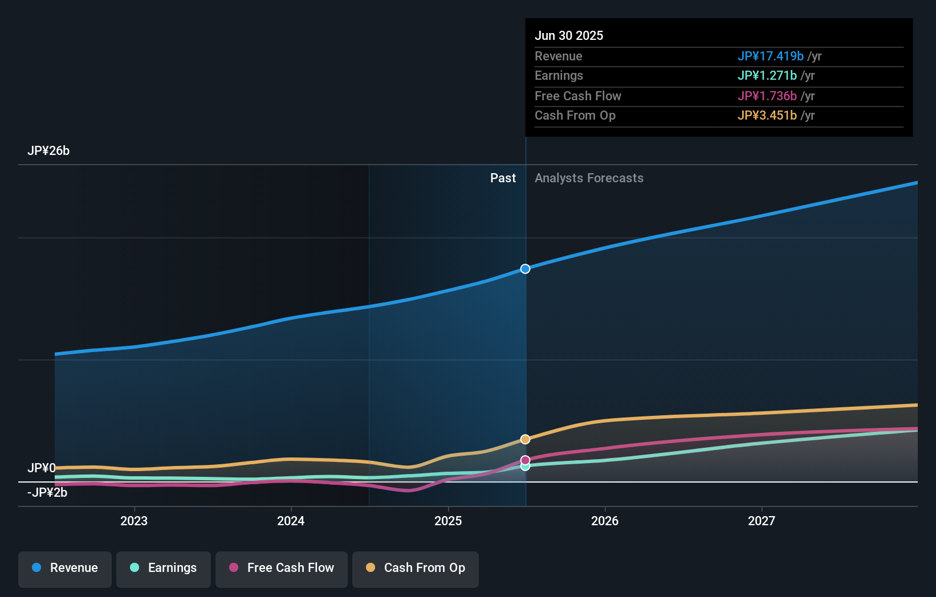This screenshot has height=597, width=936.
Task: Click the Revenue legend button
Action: coord(65,569)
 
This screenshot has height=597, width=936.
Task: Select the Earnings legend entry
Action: coord(164,569)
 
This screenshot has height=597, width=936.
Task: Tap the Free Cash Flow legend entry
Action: coord(282,569)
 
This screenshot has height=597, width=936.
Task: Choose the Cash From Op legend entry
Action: coord(416,569)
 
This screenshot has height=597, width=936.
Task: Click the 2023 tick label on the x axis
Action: coord(134,521)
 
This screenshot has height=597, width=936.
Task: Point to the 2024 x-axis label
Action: coord(291,521)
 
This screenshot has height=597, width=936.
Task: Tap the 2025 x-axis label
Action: coord(448,521)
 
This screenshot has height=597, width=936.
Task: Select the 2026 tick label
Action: coord(605,521)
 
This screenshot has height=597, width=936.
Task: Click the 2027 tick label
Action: coord(762,521)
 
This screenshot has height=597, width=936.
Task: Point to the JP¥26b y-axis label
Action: coord(48,151)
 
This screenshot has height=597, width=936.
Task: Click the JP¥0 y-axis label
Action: coord(42,468)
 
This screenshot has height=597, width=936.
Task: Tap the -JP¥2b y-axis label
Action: coord(47,493)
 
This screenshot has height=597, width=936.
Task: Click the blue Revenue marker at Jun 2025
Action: coord(526,269)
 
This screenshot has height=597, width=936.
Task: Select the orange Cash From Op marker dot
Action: coord(526,439)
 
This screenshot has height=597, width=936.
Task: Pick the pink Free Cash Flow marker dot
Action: coord(526,460)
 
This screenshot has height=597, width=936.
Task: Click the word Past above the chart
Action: coord(503,178)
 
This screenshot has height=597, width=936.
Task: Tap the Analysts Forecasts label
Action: coord(589,178)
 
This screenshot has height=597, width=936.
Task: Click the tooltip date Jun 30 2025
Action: coord(569,36)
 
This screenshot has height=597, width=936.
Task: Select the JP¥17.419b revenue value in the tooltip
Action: coord(771,56)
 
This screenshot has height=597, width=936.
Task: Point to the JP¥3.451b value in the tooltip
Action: coord(767,116)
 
